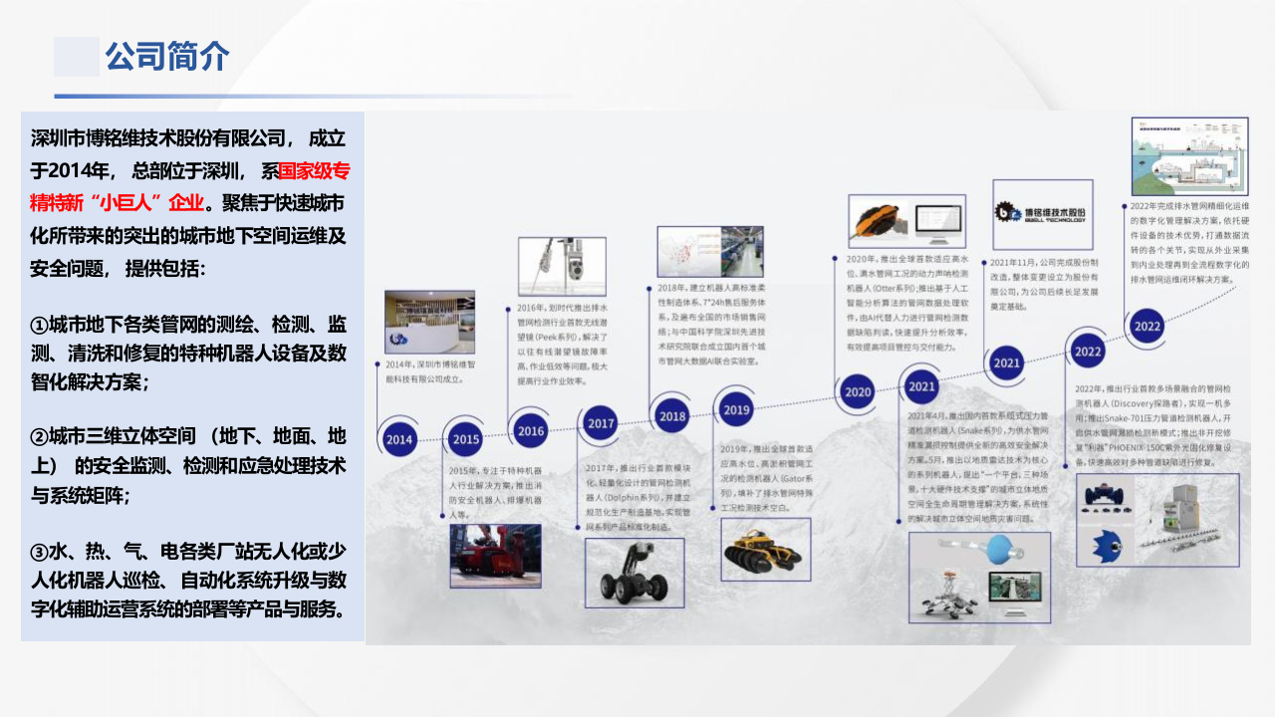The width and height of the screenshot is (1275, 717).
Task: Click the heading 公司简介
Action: [x=167, y=57]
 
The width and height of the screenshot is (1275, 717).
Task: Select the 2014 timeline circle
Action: [x=399, y=439]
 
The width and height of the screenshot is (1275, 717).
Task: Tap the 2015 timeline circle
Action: [x=465, y=439]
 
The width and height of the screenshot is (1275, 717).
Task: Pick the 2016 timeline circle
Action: [x=531, y=430]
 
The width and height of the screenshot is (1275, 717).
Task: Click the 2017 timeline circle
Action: [x=601, y=423]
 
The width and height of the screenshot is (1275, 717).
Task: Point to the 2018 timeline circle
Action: [x=672, y=416]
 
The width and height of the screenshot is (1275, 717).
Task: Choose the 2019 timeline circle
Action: [x=736, y=409]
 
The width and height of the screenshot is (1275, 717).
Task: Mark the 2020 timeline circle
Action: [x=857, y=391]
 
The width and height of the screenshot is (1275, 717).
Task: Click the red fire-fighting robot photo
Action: [x=495, y=556]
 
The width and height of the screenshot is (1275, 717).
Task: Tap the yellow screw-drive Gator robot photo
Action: [x=765, y=549]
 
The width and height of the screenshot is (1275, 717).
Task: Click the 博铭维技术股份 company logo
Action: [x=1042, y=213]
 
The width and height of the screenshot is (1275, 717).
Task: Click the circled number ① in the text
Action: [x=40, y=326]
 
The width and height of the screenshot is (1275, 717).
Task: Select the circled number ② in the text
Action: [x=40, y=437]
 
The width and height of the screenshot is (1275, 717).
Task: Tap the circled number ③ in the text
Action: [x=40, y=552]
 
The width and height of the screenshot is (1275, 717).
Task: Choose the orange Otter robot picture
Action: [x=882, y=221]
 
